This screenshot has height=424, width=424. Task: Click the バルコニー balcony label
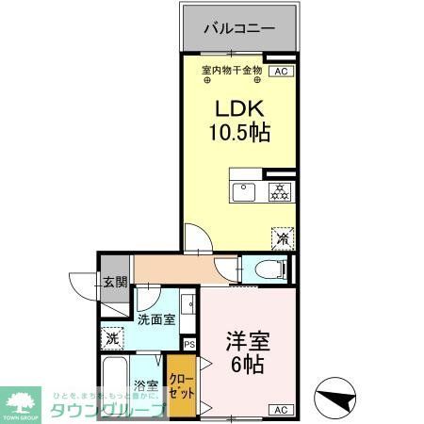click(240, 28)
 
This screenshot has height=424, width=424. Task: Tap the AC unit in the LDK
click(280, 71)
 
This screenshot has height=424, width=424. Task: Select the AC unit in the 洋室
click(280, 409)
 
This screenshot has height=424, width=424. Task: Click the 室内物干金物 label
click(232, 71)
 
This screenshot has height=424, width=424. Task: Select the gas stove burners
click(279, 192)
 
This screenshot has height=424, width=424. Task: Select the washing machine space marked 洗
click(112, 337)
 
